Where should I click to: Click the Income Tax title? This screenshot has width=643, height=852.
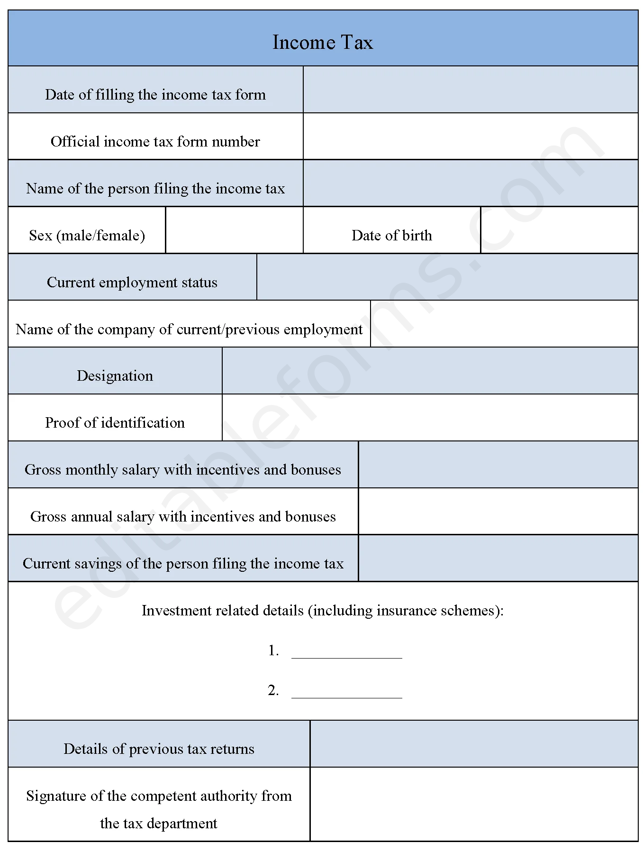pyautogui.click(x=322, y=42)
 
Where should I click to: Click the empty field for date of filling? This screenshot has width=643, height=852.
pyautogui.click(x=470, y=90)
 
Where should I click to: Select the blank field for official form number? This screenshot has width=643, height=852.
pyautogui.click(x=470, y=137)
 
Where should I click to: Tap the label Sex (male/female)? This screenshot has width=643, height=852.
pyautogui.click(x=87, y=235)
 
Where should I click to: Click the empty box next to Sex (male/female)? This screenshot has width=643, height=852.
pyautogui.click(x=234, y=230)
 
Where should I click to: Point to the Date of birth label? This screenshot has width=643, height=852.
pyautogui.click(x=391, y=235)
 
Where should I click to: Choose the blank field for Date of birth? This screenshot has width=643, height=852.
pyautogui.click(x=559, y=230)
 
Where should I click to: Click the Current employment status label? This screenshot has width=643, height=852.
pyautogui.click(x=132, y=282)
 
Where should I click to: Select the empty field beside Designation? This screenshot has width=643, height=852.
pyautogui.click(x=430, y=371)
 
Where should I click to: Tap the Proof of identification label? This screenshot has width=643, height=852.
pyautogui.click(x=115, y=422)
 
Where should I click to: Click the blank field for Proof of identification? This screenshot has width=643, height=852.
pyautogui.click(x=430, y=418)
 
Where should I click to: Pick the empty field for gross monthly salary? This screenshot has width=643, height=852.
pyautogui.click(x=498, y=465)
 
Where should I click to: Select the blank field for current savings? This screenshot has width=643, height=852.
pyautogui.click(x=498, y=559)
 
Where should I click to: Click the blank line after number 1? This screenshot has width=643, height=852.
pyautogui.click(x=346, y=652)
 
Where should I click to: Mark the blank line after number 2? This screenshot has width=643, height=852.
pyautogui.click(x=346, y=692)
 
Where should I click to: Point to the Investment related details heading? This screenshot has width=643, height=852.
pyautogui.click(x=322, y=610)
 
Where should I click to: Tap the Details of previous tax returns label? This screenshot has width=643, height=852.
pyautogui.click(x=159, y=749)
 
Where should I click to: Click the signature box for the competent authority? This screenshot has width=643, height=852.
pyautogui.click(x=474, y=804)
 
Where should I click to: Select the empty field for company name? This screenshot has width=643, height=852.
pyautogui.click(x=504, y=324)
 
